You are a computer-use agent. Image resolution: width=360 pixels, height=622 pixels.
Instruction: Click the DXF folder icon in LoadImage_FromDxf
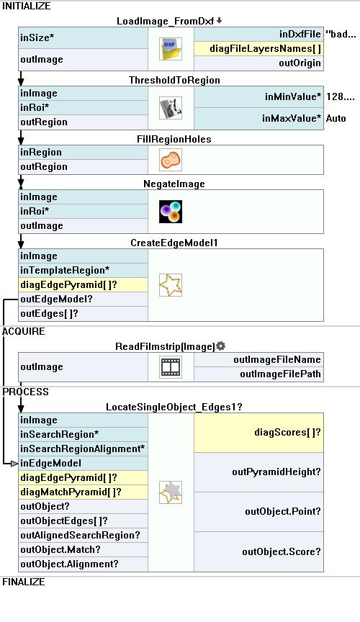coord(171,49)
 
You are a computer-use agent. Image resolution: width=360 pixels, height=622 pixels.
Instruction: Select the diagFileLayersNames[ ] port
coord(258,49)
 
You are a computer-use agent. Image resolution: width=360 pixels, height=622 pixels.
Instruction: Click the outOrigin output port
coord(258,63)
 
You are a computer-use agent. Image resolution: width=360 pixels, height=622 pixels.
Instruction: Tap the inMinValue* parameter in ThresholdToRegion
coord(258,96)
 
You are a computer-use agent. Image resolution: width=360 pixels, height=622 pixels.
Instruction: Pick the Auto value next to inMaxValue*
coord(336,118)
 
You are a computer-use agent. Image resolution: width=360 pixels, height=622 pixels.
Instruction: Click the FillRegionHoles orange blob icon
coord(171,160)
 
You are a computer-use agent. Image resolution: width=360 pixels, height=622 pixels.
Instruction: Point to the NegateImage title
coord(174,184)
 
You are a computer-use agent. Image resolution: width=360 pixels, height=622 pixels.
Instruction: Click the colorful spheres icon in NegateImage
coord(171,212)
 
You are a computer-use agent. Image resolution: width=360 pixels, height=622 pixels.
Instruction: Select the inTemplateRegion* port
coord(83,270)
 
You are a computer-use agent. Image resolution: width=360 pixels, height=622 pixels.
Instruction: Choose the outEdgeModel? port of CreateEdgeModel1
coord(83,299)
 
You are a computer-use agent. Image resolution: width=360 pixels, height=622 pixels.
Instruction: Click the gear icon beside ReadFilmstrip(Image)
coord(221,346)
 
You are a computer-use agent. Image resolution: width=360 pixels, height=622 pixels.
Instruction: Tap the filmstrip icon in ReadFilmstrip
coord(171,367)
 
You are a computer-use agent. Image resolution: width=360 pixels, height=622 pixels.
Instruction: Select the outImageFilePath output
coord(258,374)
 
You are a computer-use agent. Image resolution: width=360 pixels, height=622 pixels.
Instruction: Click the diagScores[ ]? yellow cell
coord(258,433)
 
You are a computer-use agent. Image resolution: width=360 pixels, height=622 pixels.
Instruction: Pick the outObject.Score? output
coord(258,551)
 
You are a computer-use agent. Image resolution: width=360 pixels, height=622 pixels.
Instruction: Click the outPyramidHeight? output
coord(258,472)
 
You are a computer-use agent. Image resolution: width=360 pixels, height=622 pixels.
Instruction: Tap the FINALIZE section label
coord(24,582)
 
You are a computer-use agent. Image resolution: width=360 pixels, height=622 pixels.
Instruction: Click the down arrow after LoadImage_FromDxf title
coord(219,21)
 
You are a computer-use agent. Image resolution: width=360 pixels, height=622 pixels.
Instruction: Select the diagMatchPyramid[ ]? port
coord(83,492)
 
